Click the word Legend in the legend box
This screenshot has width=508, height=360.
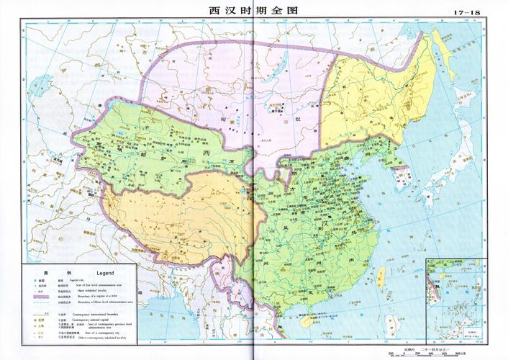click(x=106, y=272)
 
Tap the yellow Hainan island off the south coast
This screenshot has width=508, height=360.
click(x=306, y=321)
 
